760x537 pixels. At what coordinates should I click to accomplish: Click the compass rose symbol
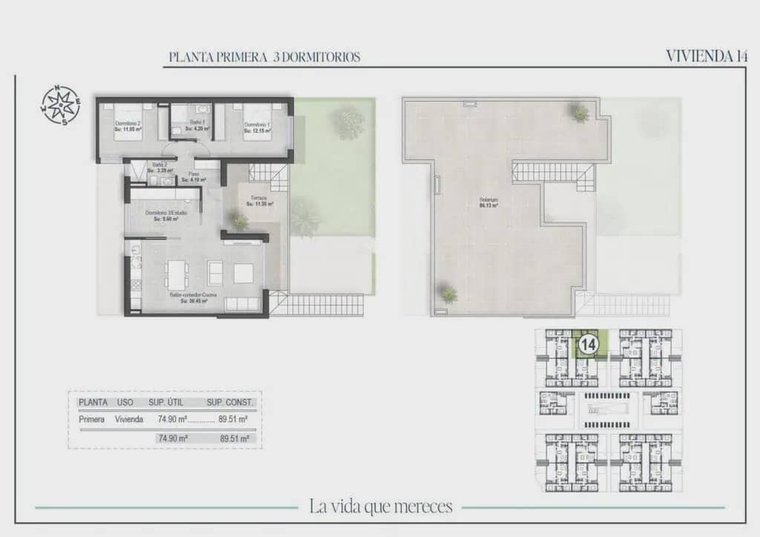tap(60, 105)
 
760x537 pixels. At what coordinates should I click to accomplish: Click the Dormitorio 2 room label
tap(128, 124)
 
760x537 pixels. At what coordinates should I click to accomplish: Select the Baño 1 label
tap(197, 122)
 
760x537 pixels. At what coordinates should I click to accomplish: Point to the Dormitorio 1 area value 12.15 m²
tap(257, 131)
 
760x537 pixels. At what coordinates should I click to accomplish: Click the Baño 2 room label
tap(157, 165)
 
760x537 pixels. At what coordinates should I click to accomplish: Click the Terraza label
tap(258, 199)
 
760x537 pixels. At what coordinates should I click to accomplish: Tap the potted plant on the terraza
tap(239, 221)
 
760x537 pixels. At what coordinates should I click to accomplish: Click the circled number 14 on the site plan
tap(589, 345)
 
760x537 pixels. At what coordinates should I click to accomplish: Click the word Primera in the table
tap(92, 419)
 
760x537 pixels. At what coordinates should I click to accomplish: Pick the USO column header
tap(125, 403)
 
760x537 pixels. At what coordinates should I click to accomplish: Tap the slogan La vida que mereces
tap(381, 507)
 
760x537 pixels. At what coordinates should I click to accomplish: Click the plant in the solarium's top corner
tap(580, 113)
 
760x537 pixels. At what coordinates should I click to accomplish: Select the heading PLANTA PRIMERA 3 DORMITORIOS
tap(265, 57)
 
